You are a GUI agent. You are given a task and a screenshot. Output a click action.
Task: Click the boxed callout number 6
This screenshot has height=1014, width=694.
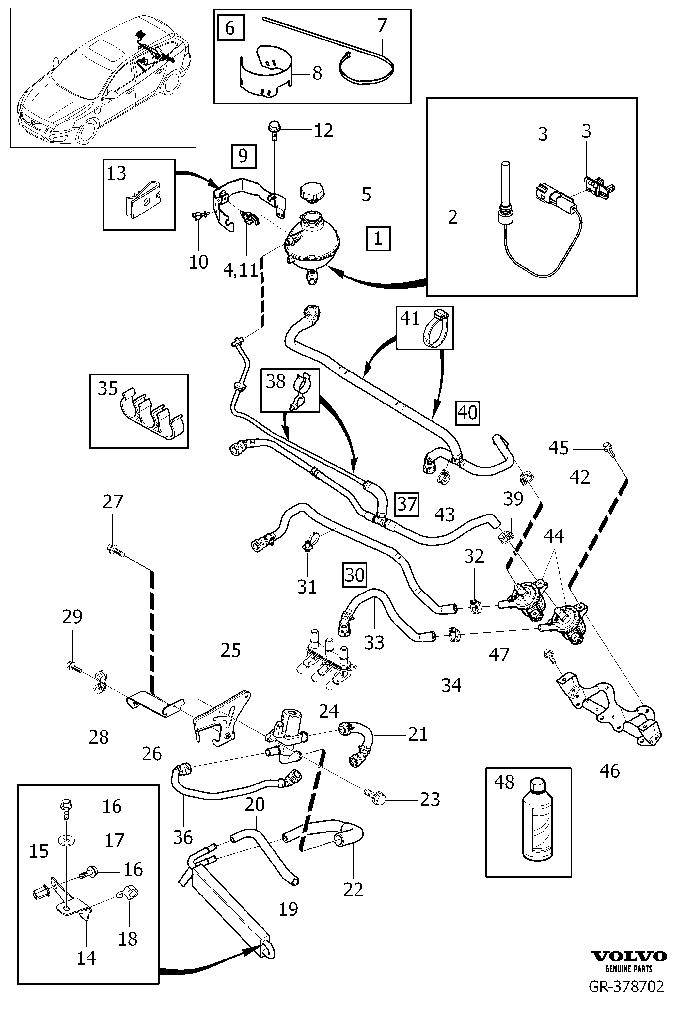coord(230,28)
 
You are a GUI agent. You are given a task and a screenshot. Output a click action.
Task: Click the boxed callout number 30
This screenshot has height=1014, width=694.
coord(354,575)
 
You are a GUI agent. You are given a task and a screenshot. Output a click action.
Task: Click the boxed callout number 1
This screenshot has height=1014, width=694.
coord(378,238)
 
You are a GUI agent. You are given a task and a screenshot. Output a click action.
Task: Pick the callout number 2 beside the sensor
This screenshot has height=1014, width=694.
coord(453,217)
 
